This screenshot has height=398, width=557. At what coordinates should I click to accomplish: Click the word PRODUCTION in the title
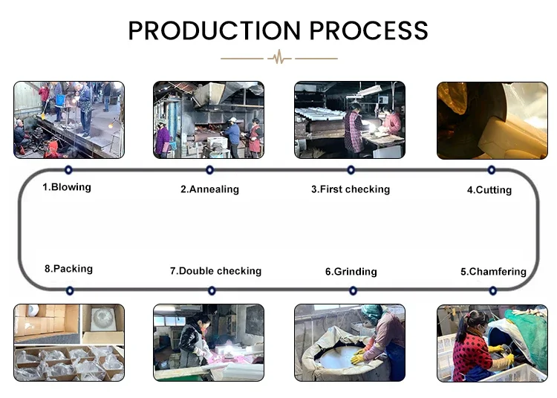pos(214,30)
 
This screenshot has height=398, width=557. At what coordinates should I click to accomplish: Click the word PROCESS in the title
pos(368,30)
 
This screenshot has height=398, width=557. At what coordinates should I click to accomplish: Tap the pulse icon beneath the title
pos(279,57)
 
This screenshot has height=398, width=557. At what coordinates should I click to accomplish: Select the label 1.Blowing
pos(67,187)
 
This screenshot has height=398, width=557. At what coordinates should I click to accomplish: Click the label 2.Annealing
pos(209,189)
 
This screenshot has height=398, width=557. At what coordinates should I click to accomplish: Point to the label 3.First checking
pos(351,189)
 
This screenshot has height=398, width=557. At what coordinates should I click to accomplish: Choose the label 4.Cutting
pos(489,190)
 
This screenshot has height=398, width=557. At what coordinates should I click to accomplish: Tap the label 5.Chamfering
pos(493,272)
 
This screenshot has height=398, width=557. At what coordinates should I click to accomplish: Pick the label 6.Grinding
pos(351,272)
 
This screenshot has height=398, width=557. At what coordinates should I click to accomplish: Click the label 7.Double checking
pos(215,271)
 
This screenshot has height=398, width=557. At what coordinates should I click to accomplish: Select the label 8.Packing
pos(68,269)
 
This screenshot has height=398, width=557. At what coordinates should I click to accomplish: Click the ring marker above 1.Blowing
pos(68,170)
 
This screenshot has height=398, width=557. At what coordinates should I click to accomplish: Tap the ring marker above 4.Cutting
pos(492,170)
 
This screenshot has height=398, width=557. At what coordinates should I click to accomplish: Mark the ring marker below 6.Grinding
pos(353,291)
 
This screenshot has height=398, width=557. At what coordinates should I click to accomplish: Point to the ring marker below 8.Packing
pos(70,291)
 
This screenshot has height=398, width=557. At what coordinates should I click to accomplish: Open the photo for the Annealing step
pos(209,120)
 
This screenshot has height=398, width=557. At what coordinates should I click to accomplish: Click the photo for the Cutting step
pos(492,121)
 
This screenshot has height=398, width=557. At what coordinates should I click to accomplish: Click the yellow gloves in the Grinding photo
pos(358,356)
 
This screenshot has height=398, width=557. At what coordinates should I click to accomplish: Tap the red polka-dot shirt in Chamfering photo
pos(469,352)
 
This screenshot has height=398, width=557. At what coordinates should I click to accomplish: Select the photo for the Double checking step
pos(209,342)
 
